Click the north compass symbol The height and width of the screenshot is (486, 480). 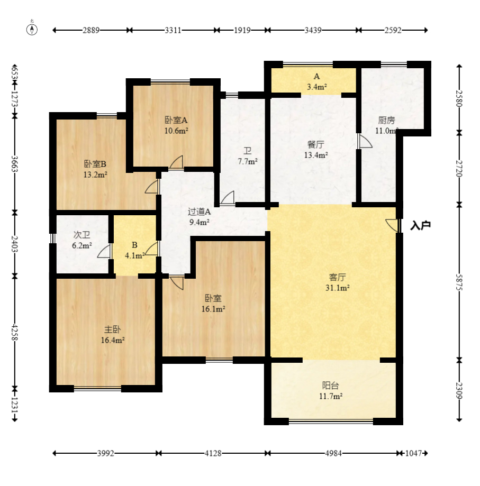click(x=32, y=29)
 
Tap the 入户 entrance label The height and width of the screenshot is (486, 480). click(x=421, y=225)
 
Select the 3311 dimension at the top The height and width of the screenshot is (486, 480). click(x=173, y=30)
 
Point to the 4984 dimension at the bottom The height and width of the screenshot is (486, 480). click(x=333, y=453)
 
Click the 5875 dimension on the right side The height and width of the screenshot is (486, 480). click(x=459, y=282)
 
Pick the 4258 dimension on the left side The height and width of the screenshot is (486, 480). click(x=15, y=332)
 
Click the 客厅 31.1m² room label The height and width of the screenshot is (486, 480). click(x=337, y=282)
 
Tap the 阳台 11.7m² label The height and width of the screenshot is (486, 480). click(x=331, y=390)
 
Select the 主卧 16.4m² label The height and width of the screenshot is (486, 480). click(x=113, y=334)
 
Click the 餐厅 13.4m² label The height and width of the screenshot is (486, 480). click(x=316, y=149)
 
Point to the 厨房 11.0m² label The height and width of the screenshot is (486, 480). click(x=386, y=125)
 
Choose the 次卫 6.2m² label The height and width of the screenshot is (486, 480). click(x=82, y=240)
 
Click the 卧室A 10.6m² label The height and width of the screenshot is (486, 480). click(x=176, y=125)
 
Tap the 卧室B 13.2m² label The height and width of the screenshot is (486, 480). click(x=95, y=169)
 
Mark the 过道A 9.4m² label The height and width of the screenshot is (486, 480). click(x=200, y=217)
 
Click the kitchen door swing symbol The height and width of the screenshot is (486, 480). click(x=365, y=141)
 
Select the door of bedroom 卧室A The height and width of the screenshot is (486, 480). click(x=176, y=163)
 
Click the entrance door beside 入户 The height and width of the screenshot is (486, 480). click(x=393, y=225)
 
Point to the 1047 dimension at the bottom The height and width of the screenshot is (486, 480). click(x=414, y=453)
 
